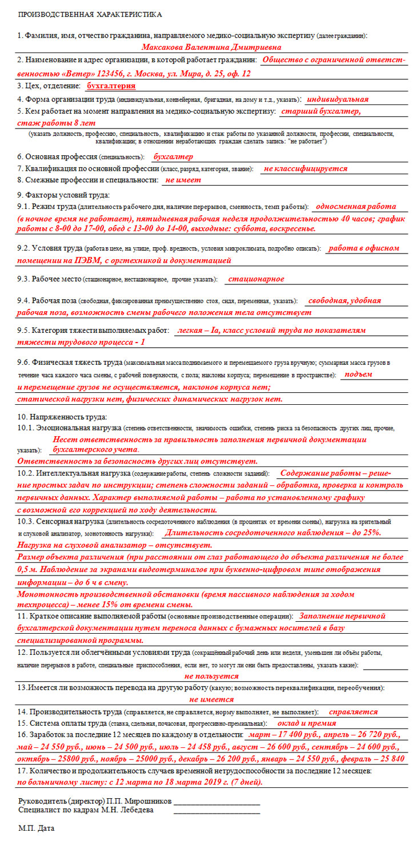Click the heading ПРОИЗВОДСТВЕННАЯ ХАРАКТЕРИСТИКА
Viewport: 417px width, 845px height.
point(90,14)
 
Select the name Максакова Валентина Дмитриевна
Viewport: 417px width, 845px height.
point(211,47)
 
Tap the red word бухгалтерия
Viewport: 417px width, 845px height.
point(111,86)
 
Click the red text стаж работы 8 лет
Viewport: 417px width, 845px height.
point(56,123)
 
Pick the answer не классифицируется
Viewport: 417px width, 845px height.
point(305,168)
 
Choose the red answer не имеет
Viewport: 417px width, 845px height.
point(183,180)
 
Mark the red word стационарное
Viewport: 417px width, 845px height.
point(255,279)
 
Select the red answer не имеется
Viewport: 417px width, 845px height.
point(211,699)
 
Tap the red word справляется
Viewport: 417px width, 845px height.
point(354,712)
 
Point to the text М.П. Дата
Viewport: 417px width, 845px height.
point(37,827)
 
